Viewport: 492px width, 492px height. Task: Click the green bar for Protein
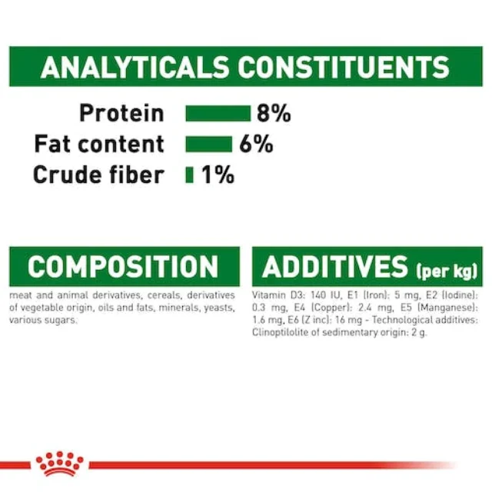point(218,113)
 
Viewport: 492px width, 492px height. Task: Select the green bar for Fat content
point(208,145)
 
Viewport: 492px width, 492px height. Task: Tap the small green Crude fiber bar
point(190,175)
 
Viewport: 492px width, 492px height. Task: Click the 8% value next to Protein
point(274,113)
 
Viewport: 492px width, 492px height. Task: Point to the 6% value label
point(256,145)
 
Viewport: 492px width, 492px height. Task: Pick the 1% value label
point(218,175)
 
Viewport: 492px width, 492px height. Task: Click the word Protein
point(121,113)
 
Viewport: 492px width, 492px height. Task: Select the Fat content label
point(99,144)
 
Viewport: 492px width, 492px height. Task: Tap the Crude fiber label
point(98,175)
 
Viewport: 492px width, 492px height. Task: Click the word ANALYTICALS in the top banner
point(135,67)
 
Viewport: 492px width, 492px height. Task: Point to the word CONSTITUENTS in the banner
point(344,67)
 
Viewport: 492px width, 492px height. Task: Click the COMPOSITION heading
point(123,267)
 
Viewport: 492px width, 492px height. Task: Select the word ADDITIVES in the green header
point(335,267)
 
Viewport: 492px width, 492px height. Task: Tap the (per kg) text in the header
point(447,271)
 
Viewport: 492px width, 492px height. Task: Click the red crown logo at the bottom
point(60,464)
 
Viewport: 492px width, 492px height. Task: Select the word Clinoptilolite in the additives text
point(281,333)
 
